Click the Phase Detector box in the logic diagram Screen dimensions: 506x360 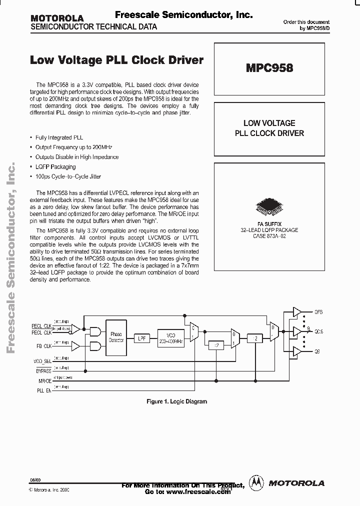point(116,337)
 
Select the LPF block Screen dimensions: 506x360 point(142,338)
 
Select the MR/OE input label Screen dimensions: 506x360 point(44,381)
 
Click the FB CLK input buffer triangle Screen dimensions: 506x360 point(76,345)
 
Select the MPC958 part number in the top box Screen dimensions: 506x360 point(269,67)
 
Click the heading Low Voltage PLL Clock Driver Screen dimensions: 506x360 point(117,60)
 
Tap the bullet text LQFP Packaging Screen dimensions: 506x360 point(55,167)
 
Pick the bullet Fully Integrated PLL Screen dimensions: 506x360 point(59,137)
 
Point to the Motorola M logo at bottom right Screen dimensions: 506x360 point(257,482)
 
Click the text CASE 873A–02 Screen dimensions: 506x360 point(269,235)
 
